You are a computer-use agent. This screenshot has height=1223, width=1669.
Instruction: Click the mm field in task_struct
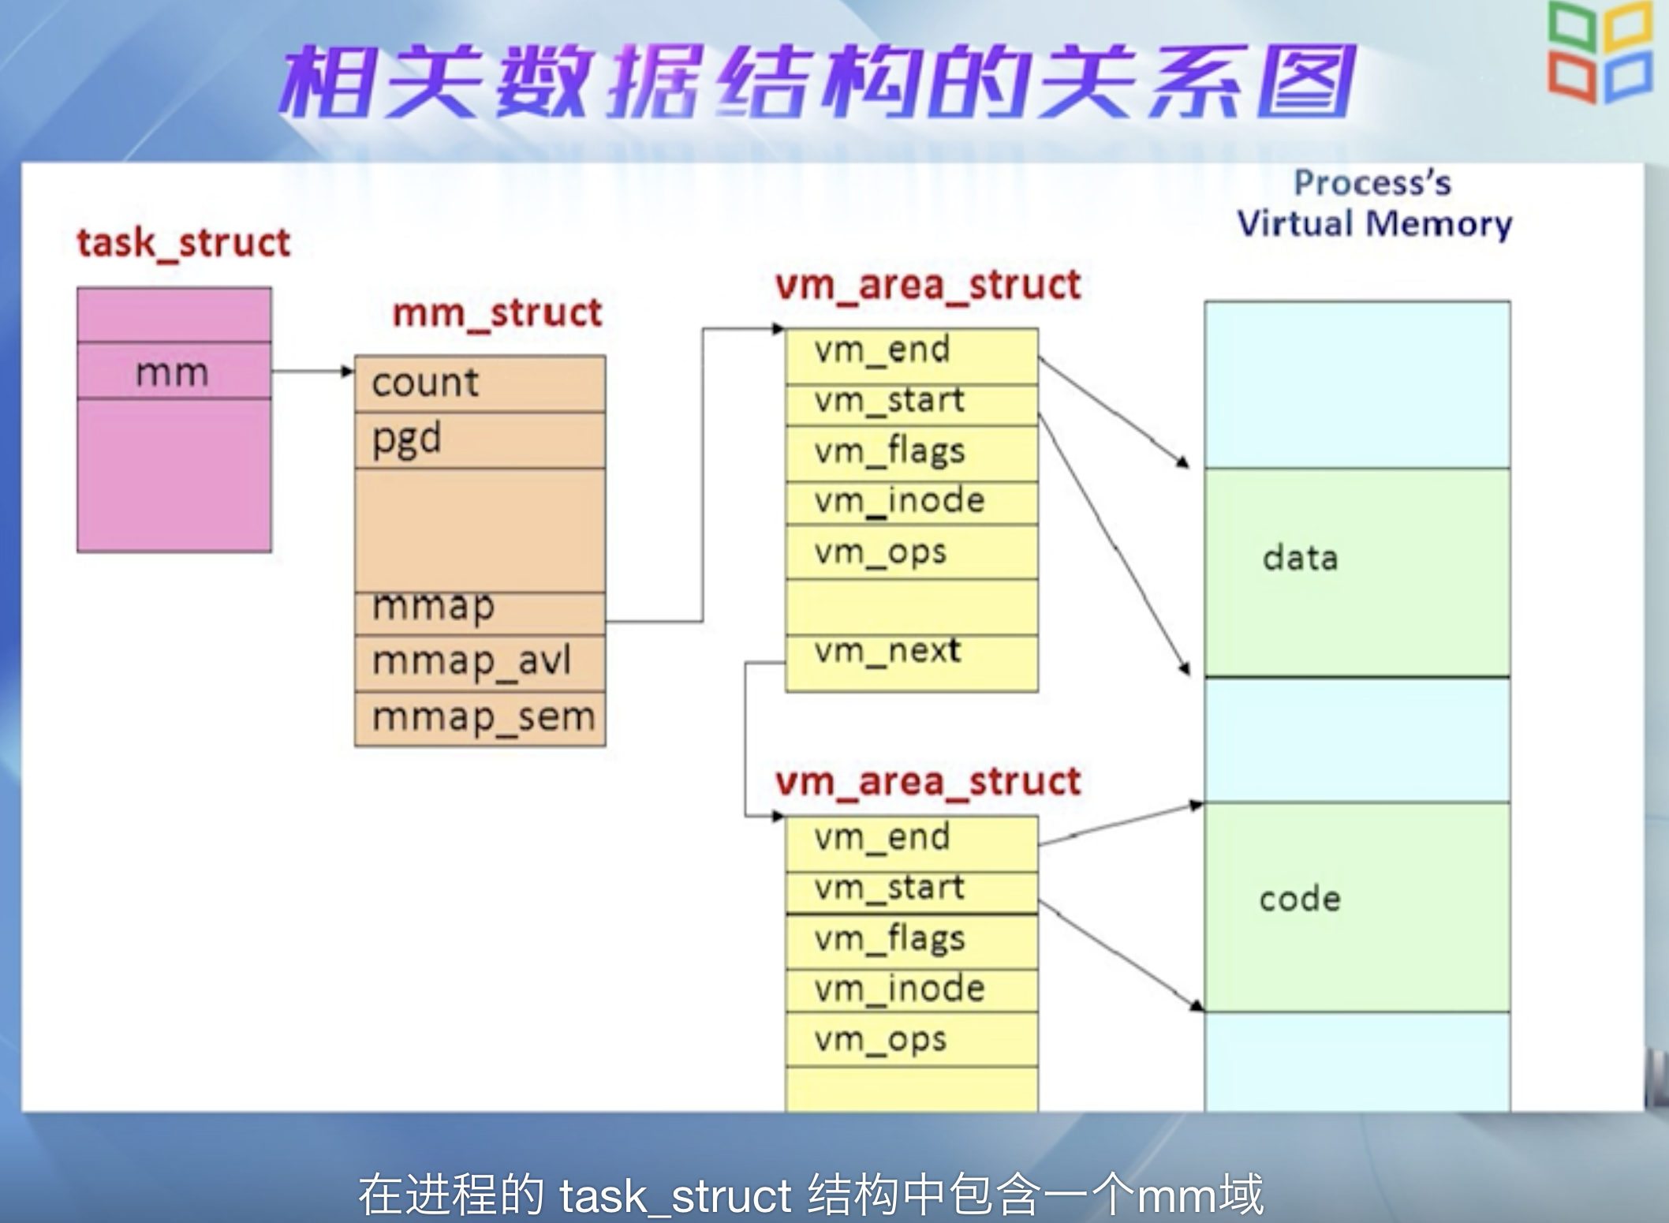173,372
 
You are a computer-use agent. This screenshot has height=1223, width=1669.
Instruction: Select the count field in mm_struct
425,383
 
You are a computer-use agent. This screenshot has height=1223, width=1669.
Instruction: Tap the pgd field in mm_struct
406,439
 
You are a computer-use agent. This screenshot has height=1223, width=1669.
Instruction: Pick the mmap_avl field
472,661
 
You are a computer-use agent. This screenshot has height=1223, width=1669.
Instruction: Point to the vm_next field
887,652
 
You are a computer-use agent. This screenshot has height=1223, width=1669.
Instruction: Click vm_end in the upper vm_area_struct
882,350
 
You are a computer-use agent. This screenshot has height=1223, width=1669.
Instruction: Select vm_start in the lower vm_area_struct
889,888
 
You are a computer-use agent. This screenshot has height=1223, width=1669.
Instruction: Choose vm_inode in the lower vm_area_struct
899,989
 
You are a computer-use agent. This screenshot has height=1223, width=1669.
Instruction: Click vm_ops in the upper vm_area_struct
880,552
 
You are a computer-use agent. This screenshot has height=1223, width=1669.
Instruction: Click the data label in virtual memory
1300,559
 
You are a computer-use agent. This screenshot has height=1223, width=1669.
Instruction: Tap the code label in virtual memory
1300,899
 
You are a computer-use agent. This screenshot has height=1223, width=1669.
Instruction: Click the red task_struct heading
184,243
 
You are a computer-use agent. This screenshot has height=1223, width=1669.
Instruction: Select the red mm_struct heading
497,313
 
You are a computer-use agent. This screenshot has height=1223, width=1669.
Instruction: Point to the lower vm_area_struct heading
928,782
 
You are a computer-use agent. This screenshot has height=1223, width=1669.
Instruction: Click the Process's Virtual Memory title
1373,204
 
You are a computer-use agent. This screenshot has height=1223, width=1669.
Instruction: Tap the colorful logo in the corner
1600,53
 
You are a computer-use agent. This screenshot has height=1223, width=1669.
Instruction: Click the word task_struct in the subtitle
675,1195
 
